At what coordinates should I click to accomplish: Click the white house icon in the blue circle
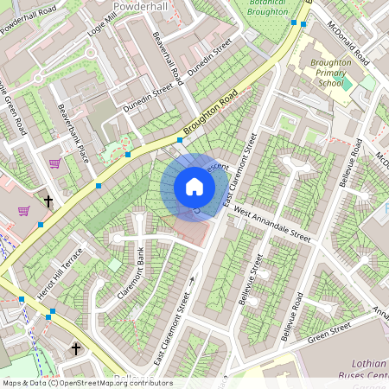pos(194,187)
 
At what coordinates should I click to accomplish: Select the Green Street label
pos(328,331)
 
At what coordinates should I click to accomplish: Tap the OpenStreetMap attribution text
pos(86,382)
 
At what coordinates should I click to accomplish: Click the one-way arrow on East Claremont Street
pos(192,277)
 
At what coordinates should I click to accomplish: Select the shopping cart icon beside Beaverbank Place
pos(54,163)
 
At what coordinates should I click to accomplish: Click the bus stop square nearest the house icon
pos(180,140)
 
